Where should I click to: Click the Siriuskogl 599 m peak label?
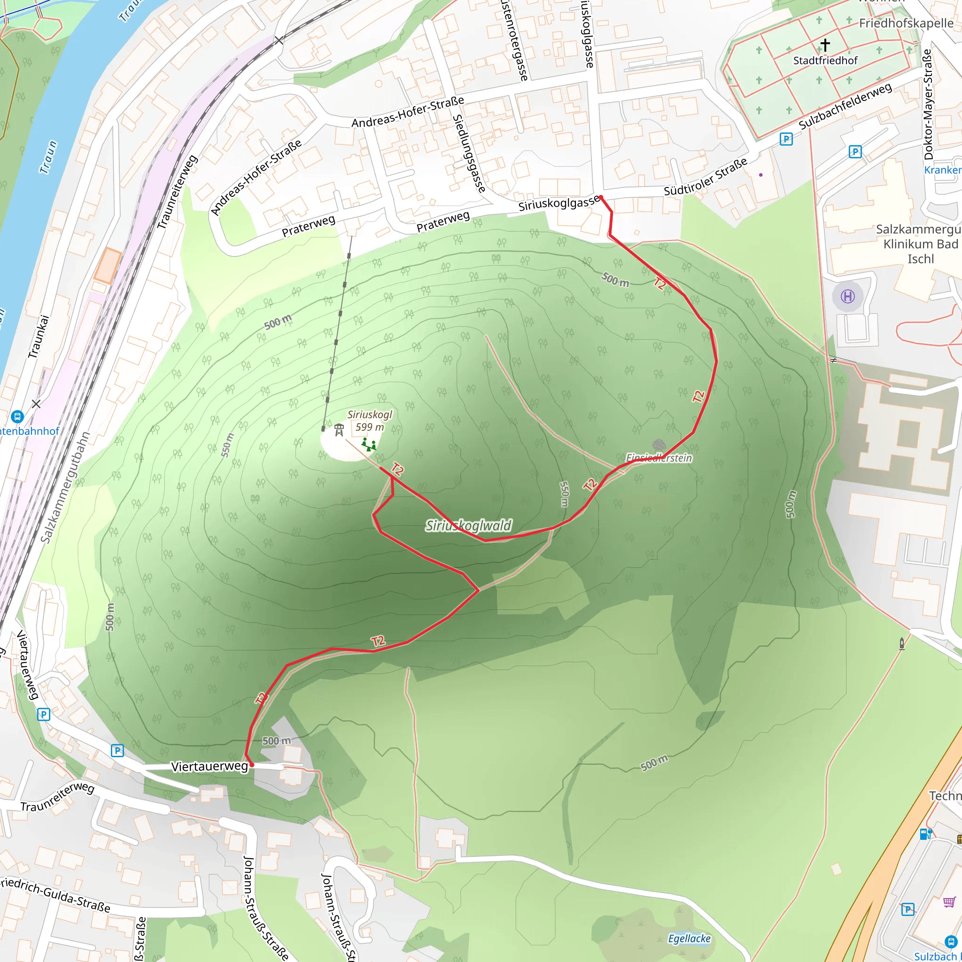click(x=370, y=421)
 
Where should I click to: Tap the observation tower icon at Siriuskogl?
click(x=339, y=429)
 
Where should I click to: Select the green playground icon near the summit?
click(x=368, y=444)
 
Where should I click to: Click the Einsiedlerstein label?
click(x=659, y=458)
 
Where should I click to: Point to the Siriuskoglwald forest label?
click(x=468, y=525)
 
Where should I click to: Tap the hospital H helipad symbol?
click(x=847, y=297)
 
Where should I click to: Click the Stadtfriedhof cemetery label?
click(x=825, y=61)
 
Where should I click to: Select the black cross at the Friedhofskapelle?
click(x=825, y=45)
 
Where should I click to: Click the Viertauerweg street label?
click(x=209, y=766)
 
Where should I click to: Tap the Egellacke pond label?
click(x=689, y=939)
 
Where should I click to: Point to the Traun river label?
click(x=48, y=157)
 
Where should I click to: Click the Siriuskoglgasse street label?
click(x=559, y=203)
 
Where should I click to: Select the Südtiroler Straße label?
click(x=706, y=177)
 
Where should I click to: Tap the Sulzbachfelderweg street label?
click(x=845, y=106)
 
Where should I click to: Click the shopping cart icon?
click(x=949, y=902)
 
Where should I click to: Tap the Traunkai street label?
click(x=39, y=336)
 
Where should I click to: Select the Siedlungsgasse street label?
click(x=468, y=153)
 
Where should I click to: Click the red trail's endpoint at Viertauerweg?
click(x=251, y=764)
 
